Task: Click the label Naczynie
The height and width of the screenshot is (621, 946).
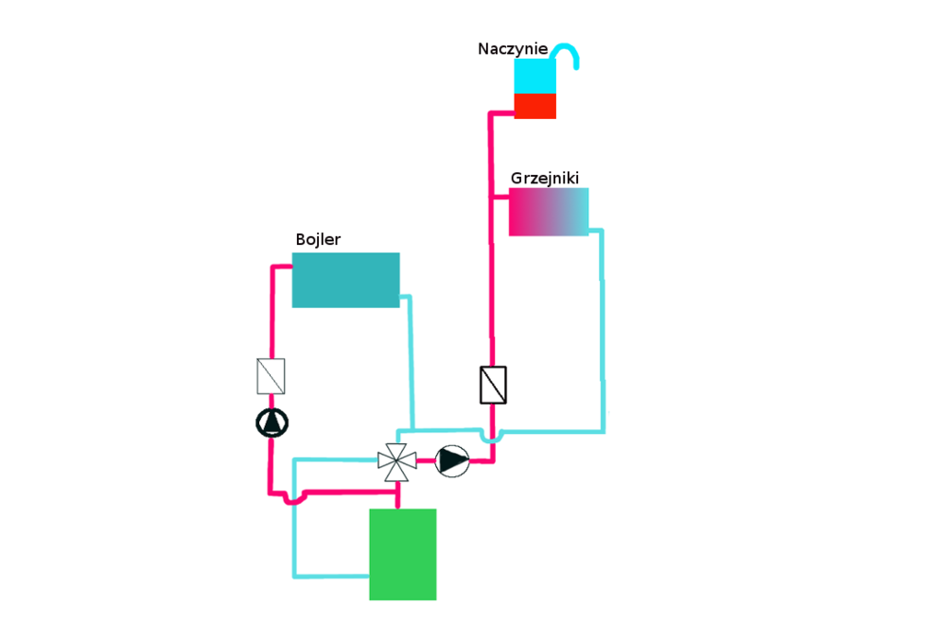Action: coord(512,49)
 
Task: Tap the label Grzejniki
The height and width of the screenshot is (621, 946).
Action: coord(544,178)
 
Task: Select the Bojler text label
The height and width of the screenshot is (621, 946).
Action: coord(318,240)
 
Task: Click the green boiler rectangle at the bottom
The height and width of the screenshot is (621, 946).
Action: coord(402,554)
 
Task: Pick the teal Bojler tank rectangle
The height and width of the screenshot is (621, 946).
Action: coord(345,280)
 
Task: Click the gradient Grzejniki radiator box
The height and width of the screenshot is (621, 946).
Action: coord(549,212)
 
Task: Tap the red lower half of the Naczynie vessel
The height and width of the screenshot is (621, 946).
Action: coord(534,106)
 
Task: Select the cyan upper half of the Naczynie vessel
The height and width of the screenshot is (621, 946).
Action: coord(534,77)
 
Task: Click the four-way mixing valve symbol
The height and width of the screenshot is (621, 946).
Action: coord(396,461)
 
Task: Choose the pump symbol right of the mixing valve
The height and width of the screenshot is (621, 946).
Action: coord(452,461)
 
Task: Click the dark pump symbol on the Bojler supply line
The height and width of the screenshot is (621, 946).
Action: coord(272,423)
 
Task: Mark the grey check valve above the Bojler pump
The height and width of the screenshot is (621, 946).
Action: coord(271,376)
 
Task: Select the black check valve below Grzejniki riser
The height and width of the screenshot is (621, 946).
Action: coord(493,385)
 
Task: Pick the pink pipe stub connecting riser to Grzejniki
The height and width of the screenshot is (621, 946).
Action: coord(500,197)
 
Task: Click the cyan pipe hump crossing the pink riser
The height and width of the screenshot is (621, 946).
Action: coord(492,438)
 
